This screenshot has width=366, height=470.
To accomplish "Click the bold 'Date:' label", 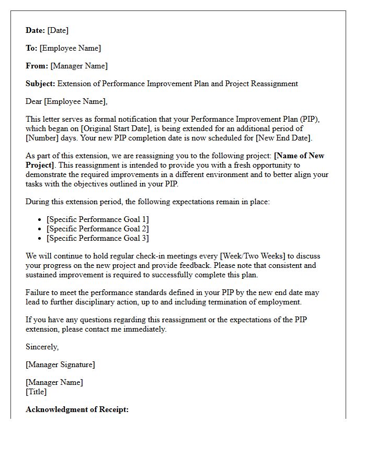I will tap(36, 30).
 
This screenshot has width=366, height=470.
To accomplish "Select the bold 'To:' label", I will tap(31, 48).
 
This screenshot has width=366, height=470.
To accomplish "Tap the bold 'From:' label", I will tap(37, 66).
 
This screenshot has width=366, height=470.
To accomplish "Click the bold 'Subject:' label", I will tap(40, 84).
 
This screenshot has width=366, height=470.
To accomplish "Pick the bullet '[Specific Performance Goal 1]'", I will tap(97, 219).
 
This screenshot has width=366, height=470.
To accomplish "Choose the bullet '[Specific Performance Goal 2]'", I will tap(97, 229).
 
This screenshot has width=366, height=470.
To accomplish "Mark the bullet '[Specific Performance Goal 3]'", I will tap(97, 238).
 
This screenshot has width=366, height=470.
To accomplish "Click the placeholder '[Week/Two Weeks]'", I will tap(249, 256).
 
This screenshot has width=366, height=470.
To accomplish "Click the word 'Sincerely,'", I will tap(42, 347).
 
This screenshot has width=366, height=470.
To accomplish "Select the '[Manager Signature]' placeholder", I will tap(60, 365).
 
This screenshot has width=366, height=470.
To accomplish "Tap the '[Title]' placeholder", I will tap(36, 392).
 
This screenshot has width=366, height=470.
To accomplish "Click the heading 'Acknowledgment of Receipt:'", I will tap(77, 409).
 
